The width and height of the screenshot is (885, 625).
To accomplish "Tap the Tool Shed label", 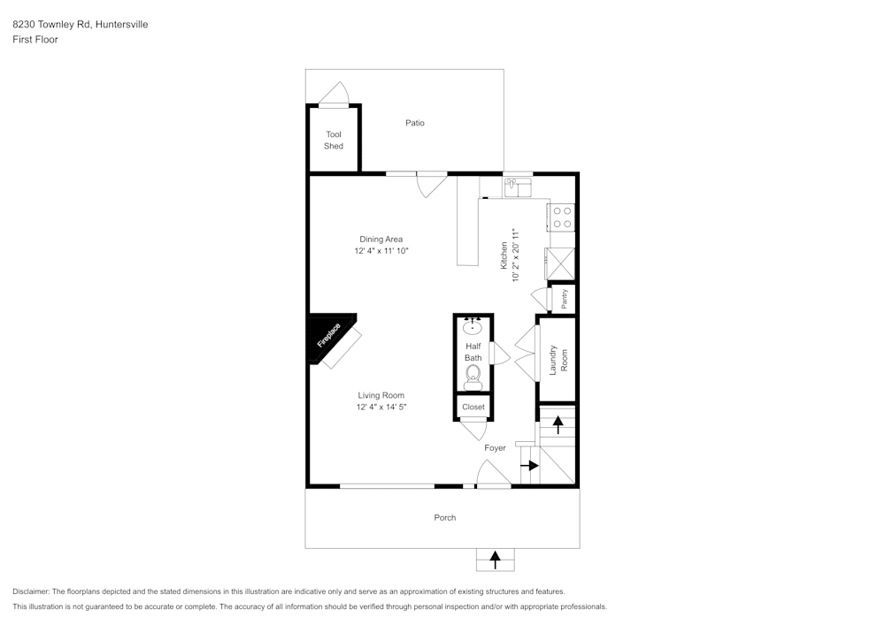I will (x=334, y=141).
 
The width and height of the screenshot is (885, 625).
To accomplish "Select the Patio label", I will (x=415, y=123).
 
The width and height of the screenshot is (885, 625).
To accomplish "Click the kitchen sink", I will (x=517, y=187).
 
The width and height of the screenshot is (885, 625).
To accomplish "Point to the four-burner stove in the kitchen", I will (x=562, y=217).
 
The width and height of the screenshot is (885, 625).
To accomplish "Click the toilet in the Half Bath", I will (x=473, y=377).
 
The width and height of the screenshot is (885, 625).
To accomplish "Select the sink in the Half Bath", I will (x=473, y=327).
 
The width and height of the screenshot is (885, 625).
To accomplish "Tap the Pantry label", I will (x=564, y=298).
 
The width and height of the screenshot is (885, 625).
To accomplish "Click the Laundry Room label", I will (x=558, y=360).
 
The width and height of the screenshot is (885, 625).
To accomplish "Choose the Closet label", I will (x=473, y=408).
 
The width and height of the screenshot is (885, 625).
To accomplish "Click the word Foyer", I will (x=495, y=448).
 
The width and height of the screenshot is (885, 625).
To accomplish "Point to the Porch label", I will (x=444, y=517).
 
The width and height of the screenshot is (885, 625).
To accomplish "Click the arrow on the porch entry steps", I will (x=496, y=559).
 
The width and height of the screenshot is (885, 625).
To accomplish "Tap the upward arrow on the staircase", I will (x=558, y=423).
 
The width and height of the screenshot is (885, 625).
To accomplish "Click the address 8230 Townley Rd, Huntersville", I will (x=81, y=25).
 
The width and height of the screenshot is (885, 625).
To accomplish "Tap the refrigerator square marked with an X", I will (x=561, y=263).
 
